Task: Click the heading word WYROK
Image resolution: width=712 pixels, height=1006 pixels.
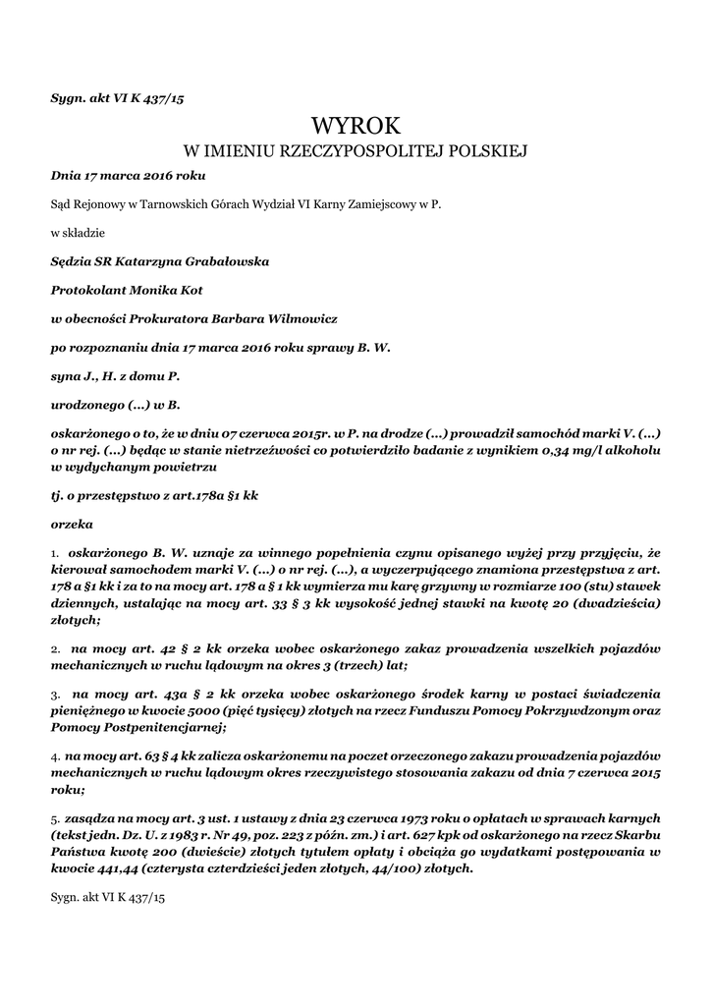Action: [356, 126]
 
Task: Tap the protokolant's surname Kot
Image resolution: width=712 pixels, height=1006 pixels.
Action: [216, 291]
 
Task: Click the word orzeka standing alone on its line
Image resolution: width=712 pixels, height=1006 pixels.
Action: [71, 524]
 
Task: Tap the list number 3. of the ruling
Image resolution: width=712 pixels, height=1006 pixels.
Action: [56, 693]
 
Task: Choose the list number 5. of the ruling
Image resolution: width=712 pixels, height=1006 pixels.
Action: [55, 818]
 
